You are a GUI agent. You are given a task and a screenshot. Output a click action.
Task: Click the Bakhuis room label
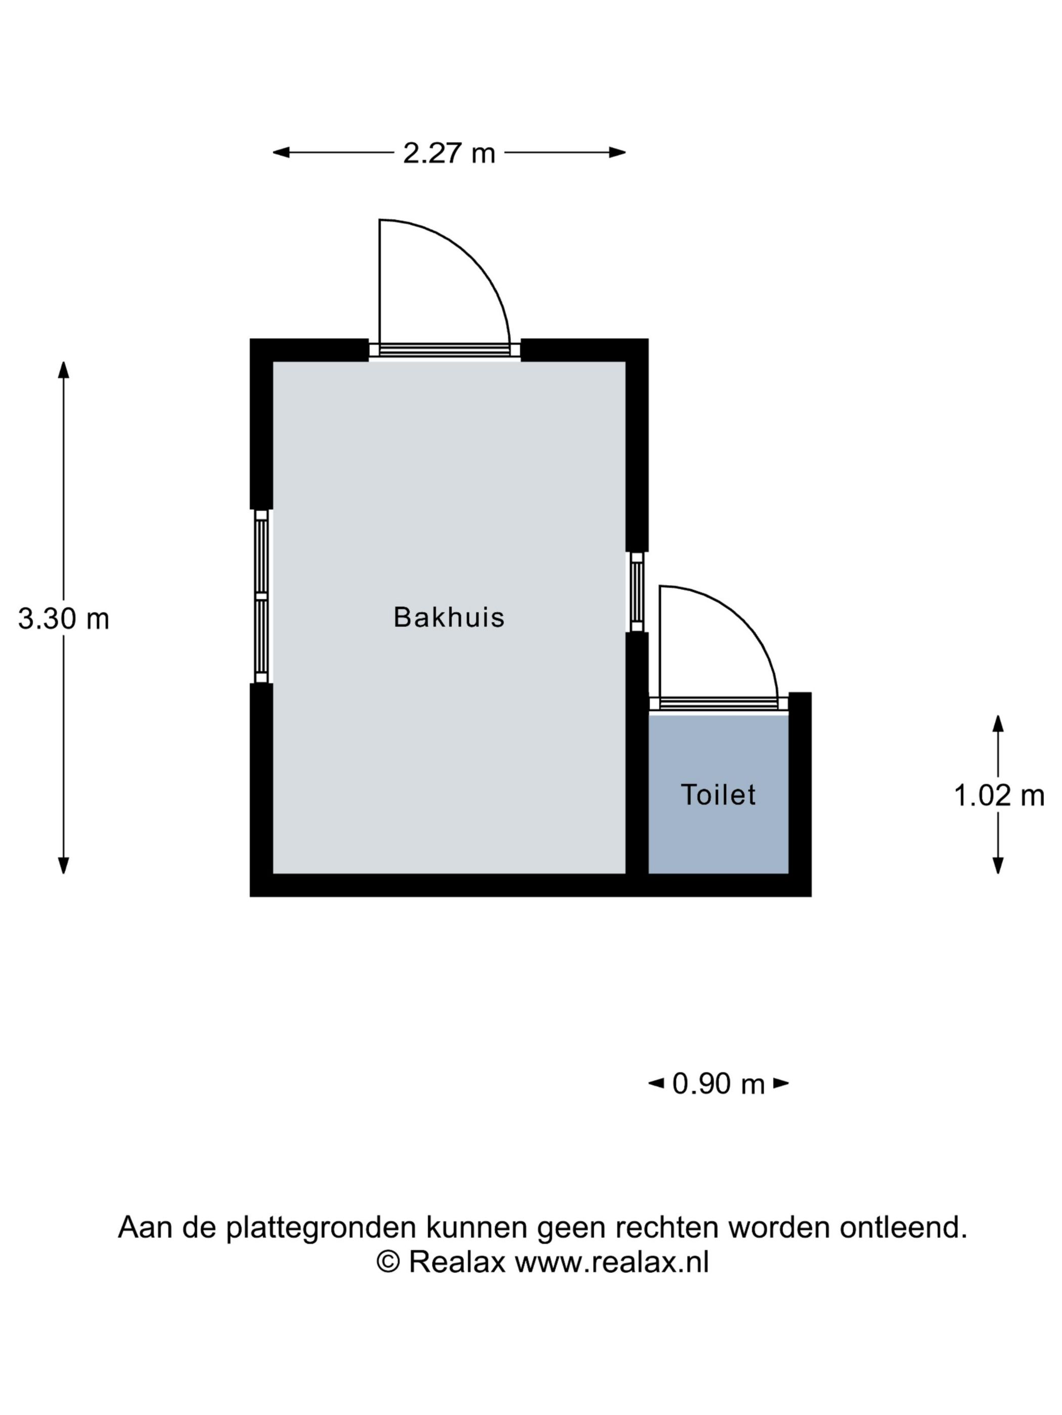[449, 618]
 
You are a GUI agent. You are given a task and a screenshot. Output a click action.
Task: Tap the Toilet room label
[718, 794]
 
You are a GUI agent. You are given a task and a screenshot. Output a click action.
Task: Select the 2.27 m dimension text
[449, 153]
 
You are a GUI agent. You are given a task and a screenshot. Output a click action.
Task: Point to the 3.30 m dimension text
[63, 619]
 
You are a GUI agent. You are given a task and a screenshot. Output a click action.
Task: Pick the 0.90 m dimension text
[718, 1083]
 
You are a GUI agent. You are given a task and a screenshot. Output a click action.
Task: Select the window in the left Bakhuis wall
[261, 596]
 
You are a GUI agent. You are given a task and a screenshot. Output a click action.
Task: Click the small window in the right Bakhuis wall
[636, 592]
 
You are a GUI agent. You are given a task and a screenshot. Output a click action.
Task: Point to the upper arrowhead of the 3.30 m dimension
[63, 370]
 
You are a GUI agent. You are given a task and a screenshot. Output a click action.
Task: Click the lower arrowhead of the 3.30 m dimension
[63, 866]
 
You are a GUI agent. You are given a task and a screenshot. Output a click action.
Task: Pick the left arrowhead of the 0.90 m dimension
[656, 1083]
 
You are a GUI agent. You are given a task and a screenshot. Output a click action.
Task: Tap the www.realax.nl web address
[612, 1262]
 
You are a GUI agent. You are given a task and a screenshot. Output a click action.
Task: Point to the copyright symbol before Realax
[388, 1262]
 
